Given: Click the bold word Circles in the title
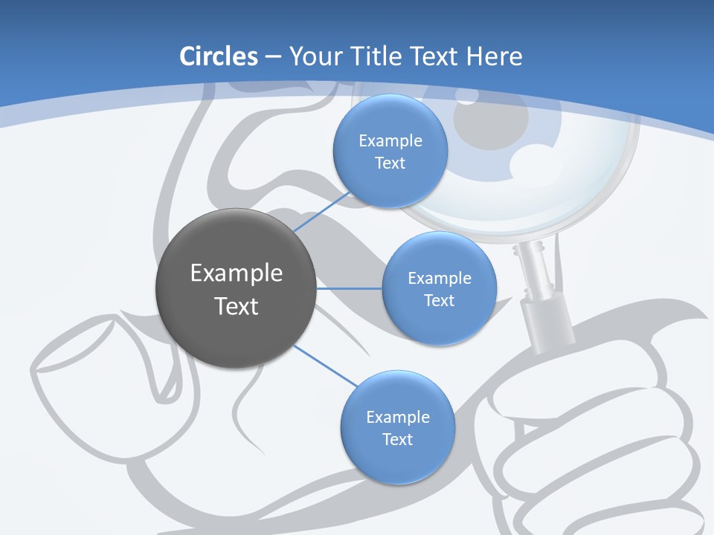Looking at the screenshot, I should coord(219,56).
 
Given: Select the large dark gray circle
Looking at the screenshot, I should coord(236,288).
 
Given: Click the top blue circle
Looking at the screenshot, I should coord(390,151).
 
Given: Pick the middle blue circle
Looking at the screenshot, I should coord(439,288).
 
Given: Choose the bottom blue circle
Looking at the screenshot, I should coord(397,427).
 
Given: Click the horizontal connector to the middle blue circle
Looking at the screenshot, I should coord(349,288).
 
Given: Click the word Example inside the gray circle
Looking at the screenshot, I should coord(236,273).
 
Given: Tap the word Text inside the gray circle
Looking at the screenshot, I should coord(236,305).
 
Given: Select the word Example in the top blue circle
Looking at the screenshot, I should coord(390,140).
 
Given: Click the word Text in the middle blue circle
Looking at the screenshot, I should coord(439,300).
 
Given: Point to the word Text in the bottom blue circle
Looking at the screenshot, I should coord(397,439).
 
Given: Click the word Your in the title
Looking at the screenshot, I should coord(307,56).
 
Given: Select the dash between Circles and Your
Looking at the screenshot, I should coord(272,57).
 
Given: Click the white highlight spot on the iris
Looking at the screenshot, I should coord(530,158).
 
